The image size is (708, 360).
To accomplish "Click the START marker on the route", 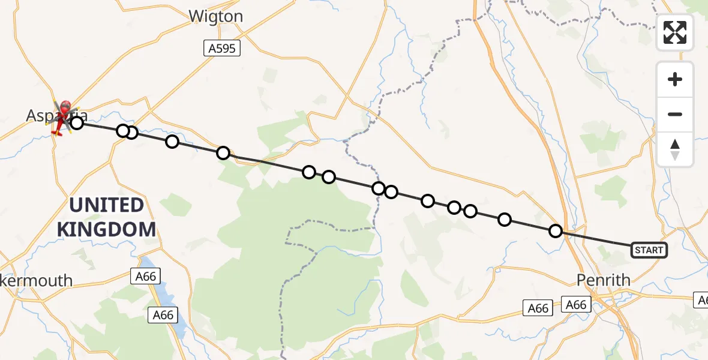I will (x=649, y=250).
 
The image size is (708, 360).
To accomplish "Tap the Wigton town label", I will (x=215, y=16).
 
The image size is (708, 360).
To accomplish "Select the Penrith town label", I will (x=603, y=280).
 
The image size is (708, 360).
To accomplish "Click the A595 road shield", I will (x=221, y=49).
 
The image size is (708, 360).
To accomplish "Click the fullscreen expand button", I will (x=675, y=32).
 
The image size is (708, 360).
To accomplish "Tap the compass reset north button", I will (x=675, y=149).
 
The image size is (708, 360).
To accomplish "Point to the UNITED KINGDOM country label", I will (x=107, y=217).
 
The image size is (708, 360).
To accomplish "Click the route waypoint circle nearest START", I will (x=556, y=231).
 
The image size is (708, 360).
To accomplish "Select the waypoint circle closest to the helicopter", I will (x=76, y=123).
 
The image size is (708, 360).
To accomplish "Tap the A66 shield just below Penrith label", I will (x=576, y=305).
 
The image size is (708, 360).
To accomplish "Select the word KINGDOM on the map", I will (x=107, y=229).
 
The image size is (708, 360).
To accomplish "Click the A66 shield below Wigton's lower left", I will (x=146, y=276).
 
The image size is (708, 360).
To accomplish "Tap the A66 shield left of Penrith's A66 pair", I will (x=538, y=308).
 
